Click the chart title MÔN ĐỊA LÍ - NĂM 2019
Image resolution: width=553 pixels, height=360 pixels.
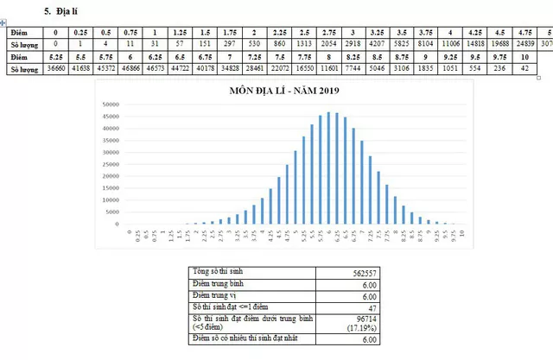[281, 91]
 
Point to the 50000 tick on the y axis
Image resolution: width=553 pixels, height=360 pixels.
[109, 105]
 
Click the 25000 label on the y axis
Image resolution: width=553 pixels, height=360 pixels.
[109, 164]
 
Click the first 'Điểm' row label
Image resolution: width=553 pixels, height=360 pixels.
[19, 29]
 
